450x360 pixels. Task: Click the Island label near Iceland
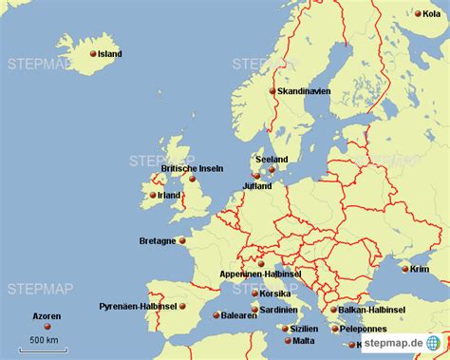(110, 54)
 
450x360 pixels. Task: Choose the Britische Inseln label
(192, 168)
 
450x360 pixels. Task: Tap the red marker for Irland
(151, 196)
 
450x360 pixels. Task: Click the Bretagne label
(157, 241)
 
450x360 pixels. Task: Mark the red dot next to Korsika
(255, 294)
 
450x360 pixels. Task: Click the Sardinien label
(280, 310)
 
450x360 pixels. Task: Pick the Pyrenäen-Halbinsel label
(137, 307)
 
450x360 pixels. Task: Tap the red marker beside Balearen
(216, 314)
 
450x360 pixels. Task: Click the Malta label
(304, 341)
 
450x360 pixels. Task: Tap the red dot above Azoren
(47, 327)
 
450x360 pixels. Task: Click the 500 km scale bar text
(43, 340)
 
